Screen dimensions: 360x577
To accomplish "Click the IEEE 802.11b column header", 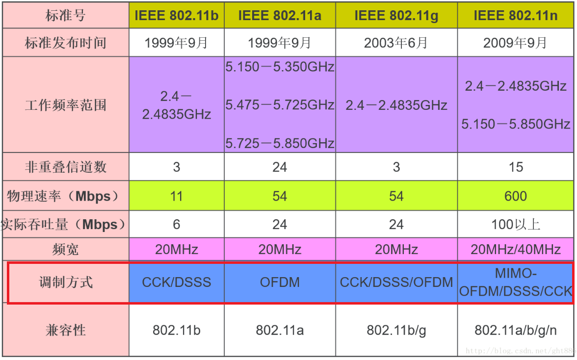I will coord(176,15).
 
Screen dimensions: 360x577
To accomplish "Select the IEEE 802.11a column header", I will coord(280,15).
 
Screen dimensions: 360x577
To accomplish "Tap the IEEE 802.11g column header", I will coord(396,15).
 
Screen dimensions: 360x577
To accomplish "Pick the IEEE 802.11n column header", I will coord(516,15).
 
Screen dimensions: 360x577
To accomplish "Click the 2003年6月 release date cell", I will coord(396,43).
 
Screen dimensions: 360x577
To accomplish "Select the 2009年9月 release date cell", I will coord(516,43).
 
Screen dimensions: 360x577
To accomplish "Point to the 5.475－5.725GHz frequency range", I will coord(280,105).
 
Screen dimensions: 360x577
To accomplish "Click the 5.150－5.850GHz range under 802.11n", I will coord(516,124).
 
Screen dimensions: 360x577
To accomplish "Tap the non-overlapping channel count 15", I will coord(516,168).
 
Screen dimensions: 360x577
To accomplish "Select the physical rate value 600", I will coord(516,196).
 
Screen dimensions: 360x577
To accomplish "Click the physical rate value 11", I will coord(176,196).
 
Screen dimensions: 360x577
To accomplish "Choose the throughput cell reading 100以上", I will coord(516,225).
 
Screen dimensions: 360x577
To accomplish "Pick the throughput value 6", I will coord(176,225).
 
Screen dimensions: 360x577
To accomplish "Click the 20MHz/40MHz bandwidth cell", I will coord(516,250).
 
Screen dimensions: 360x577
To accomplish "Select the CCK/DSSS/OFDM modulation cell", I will coord(396,283).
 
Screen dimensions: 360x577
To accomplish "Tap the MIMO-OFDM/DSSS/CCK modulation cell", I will coord(516,283).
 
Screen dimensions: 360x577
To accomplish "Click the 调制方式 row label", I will coord(66,283).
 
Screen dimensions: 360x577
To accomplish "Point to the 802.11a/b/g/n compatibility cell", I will coord(516,330).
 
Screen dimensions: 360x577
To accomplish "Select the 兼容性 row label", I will coord(66,330).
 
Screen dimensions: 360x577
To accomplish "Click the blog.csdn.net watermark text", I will coord(520,351).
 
